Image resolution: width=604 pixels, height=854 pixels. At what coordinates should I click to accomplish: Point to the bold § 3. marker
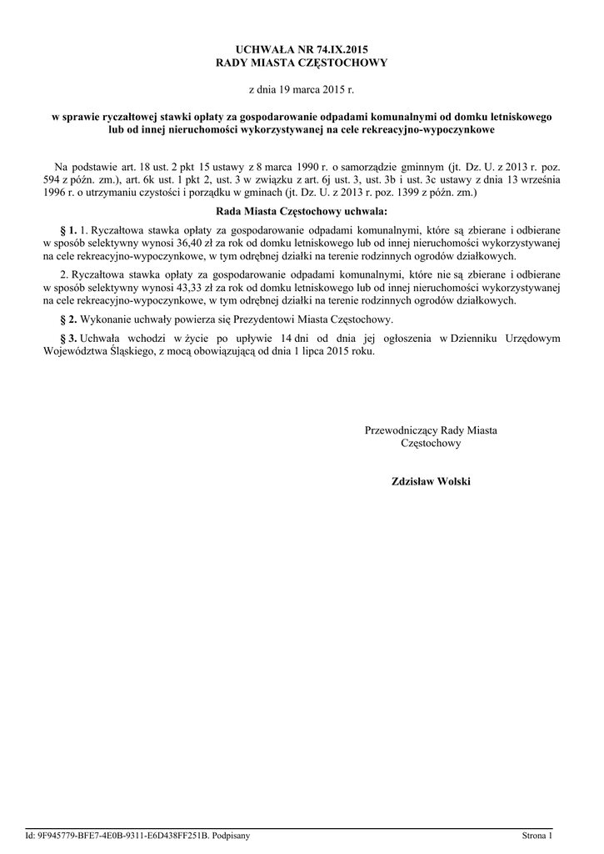tap(69, 338)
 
